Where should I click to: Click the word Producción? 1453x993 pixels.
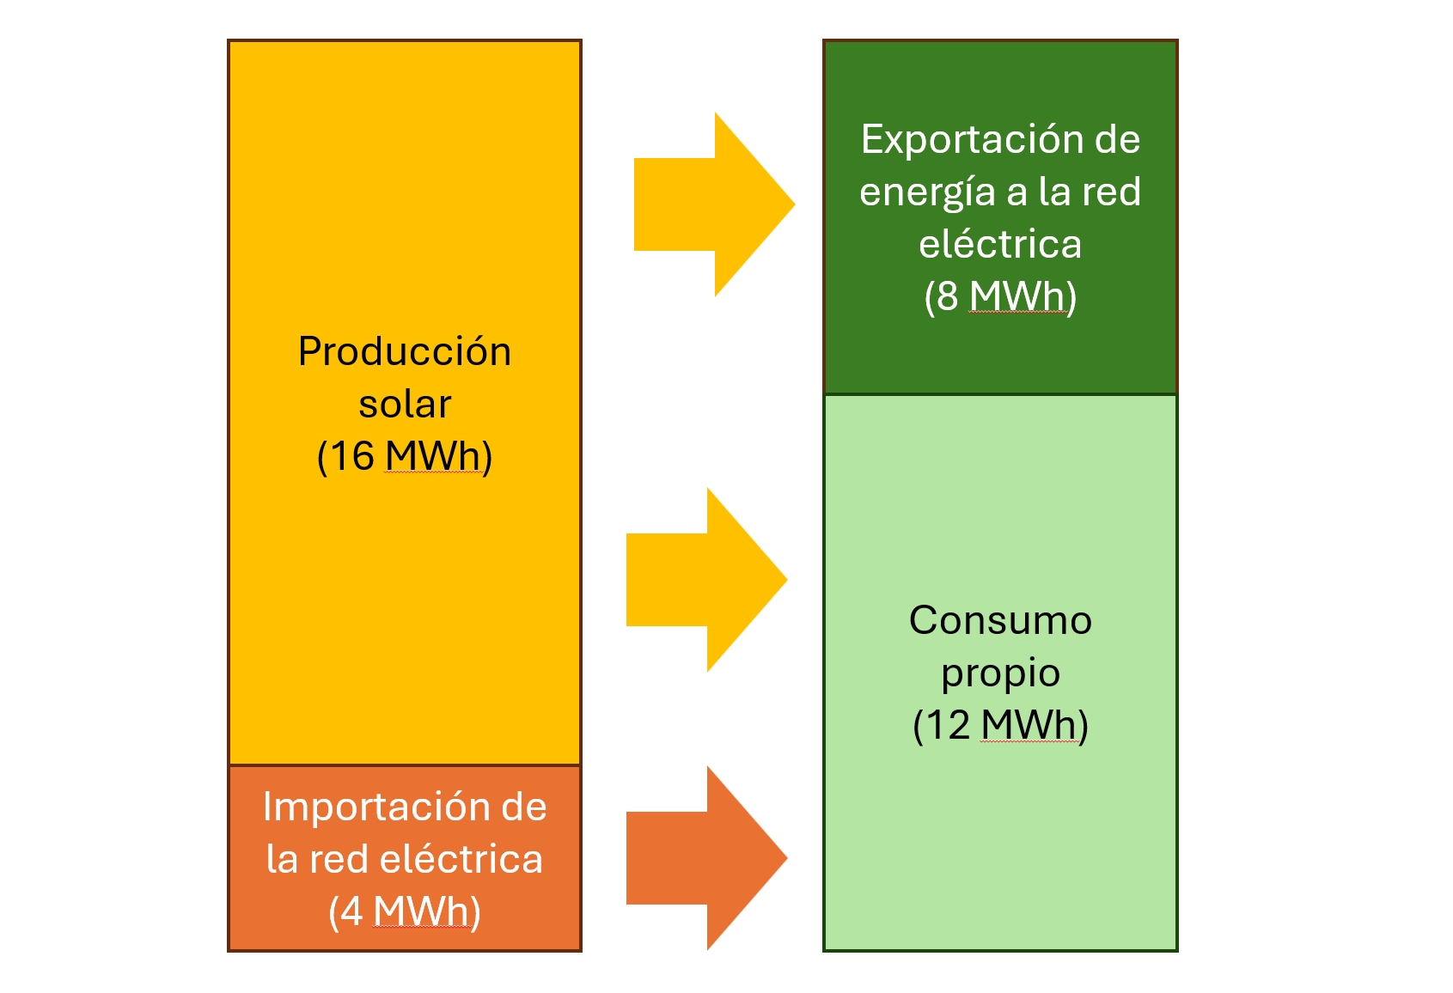(404, 352)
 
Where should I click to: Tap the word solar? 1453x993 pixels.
(404, 405)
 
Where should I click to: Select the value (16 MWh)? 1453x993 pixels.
(404, 456)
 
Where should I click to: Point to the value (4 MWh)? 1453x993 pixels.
(404, 911)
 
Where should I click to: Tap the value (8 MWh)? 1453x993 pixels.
(1000, 296)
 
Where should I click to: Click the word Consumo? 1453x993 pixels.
(1000, 620)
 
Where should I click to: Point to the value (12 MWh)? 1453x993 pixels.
(1000, 725)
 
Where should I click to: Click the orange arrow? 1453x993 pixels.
(706, 858)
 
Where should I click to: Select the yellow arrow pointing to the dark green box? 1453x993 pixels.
(713, 204)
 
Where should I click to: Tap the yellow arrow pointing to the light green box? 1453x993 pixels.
(706, 580)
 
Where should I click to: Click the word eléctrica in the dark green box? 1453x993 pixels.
(1000, 245)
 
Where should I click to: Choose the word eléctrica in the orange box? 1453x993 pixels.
(461, 860)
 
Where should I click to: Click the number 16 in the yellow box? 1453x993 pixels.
(352, 456)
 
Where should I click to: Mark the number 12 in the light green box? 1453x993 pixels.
(948, 725)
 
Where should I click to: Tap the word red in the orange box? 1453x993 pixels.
(339, 860)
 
